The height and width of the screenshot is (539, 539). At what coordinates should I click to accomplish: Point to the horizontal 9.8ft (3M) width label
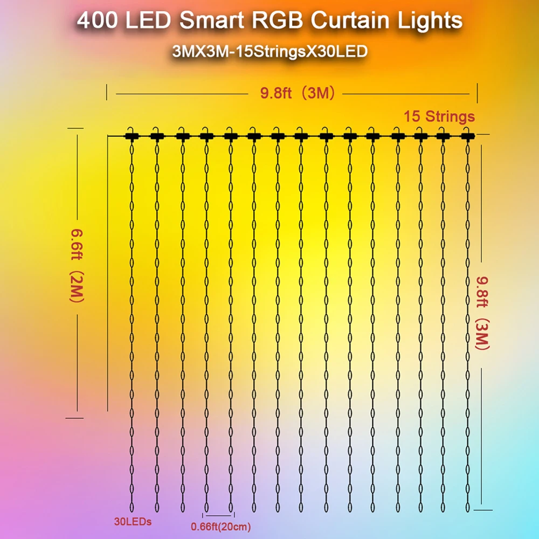pos(298,93)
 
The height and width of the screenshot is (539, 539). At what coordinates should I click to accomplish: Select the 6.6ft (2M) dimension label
pos(75,273)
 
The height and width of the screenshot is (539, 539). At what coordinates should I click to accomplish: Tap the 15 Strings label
pos(439,116)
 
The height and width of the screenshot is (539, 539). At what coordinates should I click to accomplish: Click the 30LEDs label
pos(133,522)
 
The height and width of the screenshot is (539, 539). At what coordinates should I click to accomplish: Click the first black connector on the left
pos(131,136)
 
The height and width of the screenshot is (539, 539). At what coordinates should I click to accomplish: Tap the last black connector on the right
pos(467,136)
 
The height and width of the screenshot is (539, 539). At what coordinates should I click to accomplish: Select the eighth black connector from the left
pos(301,136)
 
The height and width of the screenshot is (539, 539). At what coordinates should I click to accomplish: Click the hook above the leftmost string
pos(131,129)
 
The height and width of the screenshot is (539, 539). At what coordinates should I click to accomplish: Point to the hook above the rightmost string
pos(467,129)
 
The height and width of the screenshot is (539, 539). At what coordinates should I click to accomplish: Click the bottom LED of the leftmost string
pos(132,507)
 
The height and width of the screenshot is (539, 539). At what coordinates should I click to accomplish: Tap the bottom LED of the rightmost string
pos(468,507)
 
